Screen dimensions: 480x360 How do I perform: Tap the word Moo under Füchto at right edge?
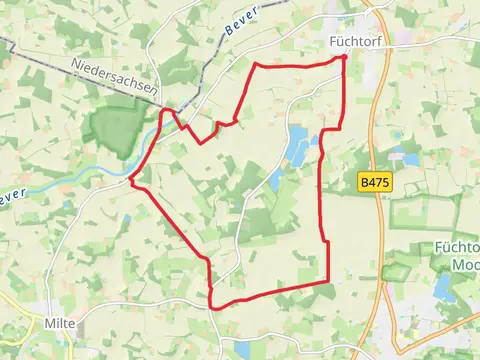463,264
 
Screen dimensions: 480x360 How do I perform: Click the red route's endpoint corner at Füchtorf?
345,58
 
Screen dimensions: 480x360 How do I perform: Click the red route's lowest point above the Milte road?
213,305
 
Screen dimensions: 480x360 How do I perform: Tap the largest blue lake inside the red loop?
298,146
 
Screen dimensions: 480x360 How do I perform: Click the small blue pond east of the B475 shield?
409,158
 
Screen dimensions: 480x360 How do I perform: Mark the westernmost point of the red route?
131,181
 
